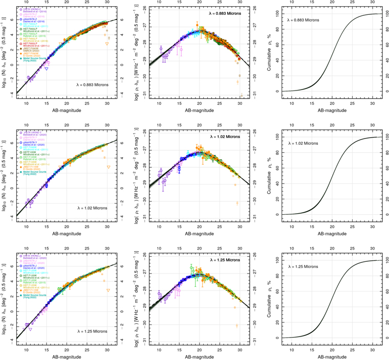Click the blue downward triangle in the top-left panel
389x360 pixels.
[x=47, y=69]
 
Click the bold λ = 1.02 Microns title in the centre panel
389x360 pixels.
[x=225, y=137]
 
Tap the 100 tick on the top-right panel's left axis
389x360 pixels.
[x=277, y=14]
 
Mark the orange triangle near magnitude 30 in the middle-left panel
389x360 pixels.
[x=108, y=167]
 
